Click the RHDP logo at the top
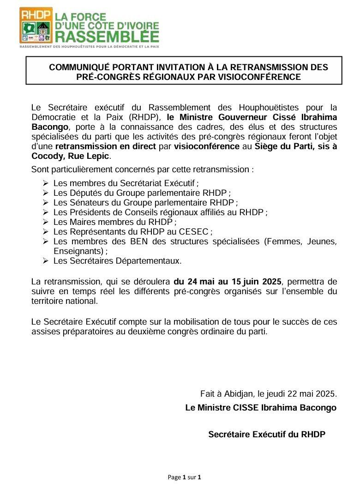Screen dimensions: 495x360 [36, 25]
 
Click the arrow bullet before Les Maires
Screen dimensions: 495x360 [45, 222]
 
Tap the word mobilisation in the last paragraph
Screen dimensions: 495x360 [162, 321]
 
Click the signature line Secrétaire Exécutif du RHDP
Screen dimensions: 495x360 [267, 434]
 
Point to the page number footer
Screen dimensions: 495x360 [184, 477]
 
